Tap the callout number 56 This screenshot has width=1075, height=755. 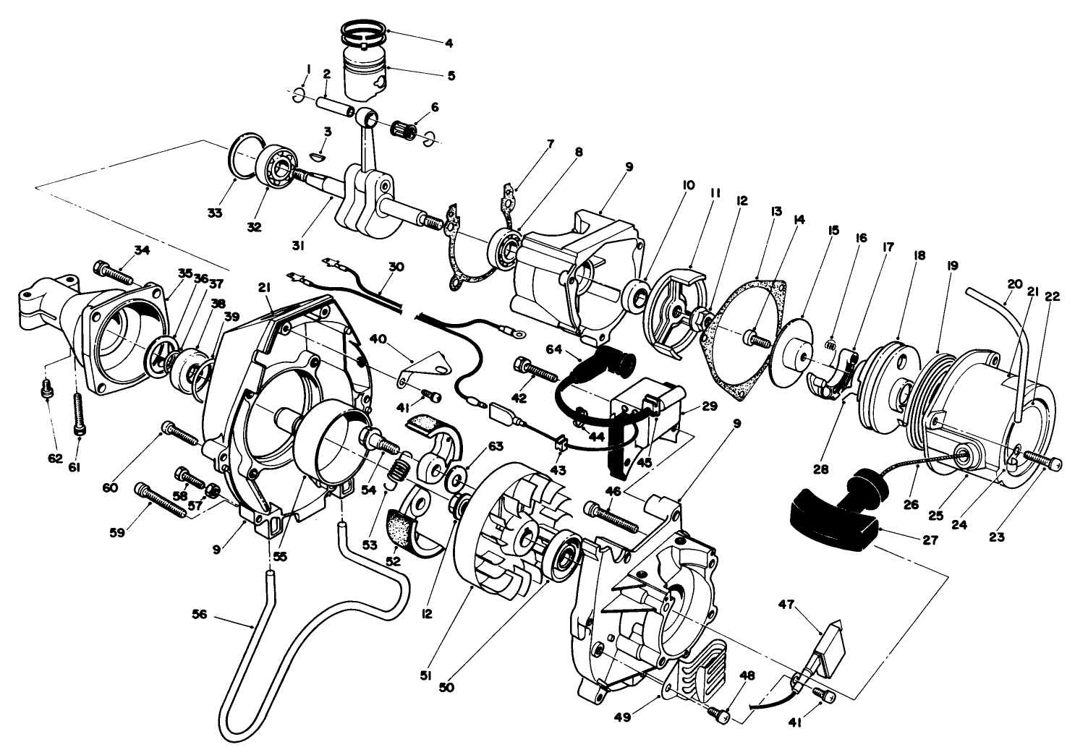pos(199,615)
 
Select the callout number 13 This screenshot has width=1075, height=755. pos(757,211)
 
